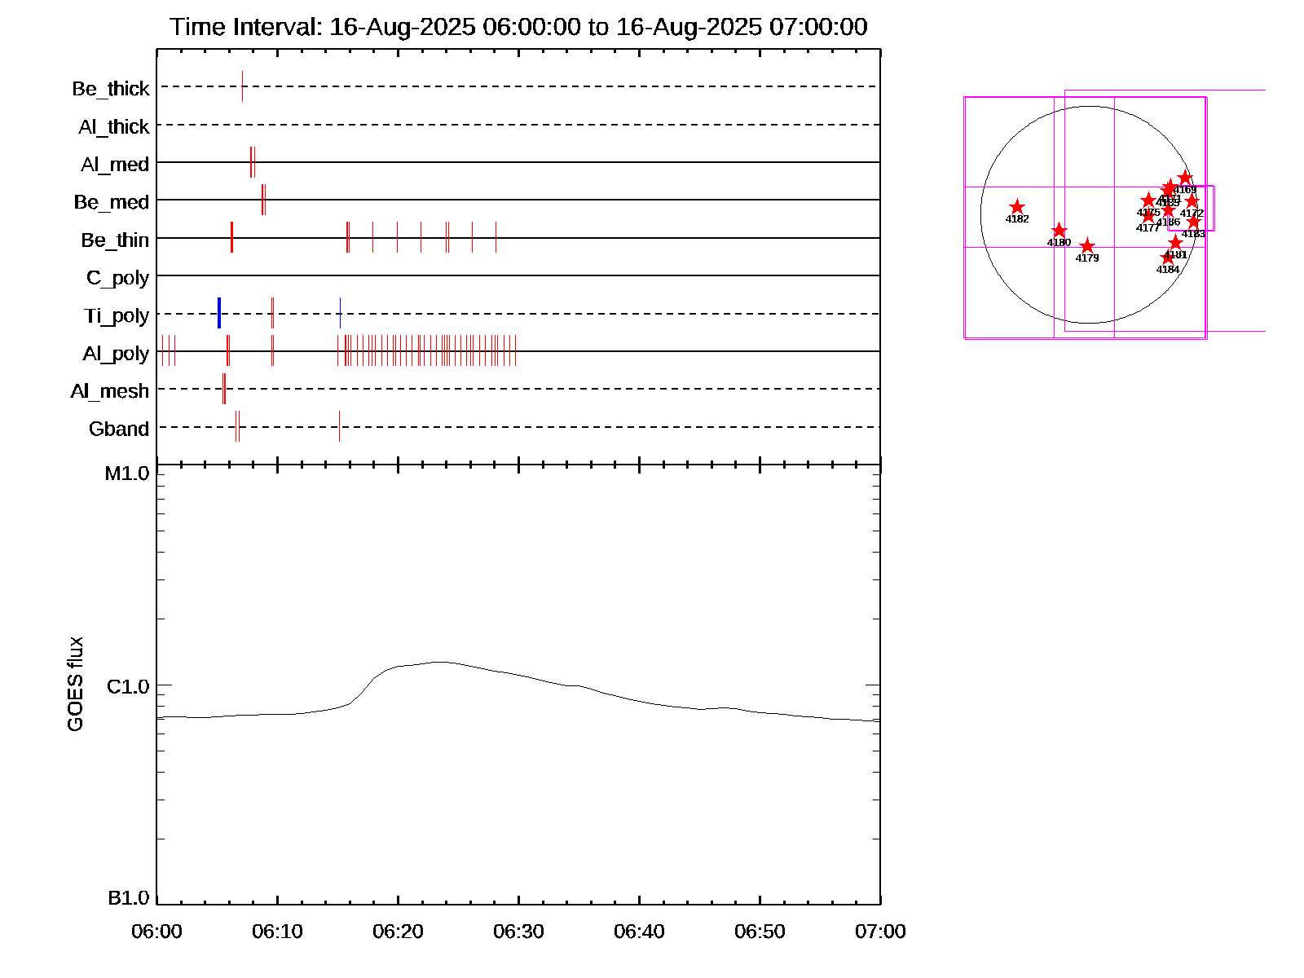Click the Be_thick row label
pyautogui.click(x=111, y=88)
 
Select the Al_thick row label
pyautogui.click(x=114, y=126)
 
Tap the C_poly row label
pyautogui.click(x=118, y=278)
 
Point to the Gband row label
pyautogui.click(x=119, y=429)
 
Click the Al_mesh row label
pyautogui.click(x=110, y=391)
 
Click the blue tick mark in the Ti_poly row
pyautogui.click(x=219, y=313)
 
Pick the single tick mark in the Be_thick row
pyautogui.click(x=242, y=86)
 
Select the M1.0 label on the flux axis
pyautogui.click(x=127, y=474)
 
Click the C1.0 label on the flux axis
pyautogui.click(x=128, y=687)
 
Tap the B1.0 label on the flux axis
pyautogui.click(x=128, y=898)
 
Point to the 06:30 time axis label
pyautogui.click(x=518, y=932)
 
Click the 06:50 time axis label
pyautogui.click(x=760, y=932)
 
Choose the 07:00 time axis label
pyautogui.click(x=880, y=932)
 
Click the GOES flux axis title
pyautogui.click(x=75, y=685)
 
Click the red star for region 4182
pyautogui.click(x=1017, y=207)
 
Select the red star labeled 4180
pyautogui.click(x=1059, y=231)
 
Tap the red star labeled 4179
pyautogui.click(x=1087, y=246)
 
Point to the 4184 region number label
pyautogui.click(x=1168, y=270)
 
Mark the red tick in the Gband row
pyautogui.click(x=339, y=426)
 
